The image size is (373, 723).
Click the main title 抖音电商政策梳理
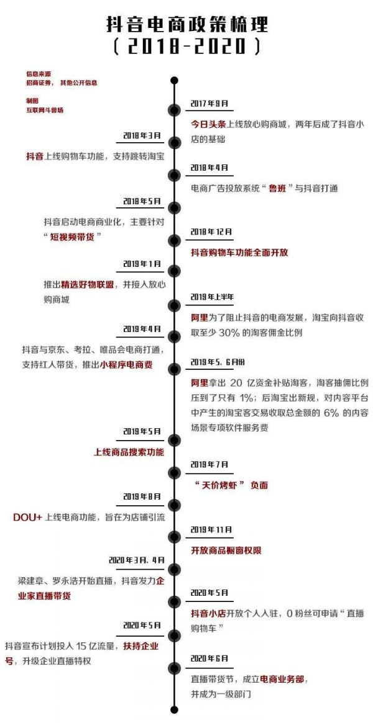pyautogui.click(x=186, y=25)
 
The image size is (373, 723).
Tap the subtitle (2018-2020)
pyautogui.click(x=186, y=47)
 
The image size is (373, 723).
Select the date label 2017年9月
pyautogui.click(x=210, y=103)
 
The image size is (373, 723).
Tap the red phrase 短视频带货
pyautogui.click(x=73, y=236)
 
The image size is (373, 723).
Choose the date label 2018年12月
pyautogui.click(x=211, y=231)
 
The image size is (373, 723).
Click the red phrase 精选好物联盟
pyautogui.click(x=85, y=284)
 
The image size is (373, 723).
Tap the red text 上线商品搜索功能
pyautogui.click(x=129, y=452)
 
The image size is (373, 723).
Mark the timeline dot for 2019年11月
pyautogui.click(x=175, y=536)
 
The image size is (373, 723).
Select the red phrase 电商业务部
pyautogui.click(x=282, y=680)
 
